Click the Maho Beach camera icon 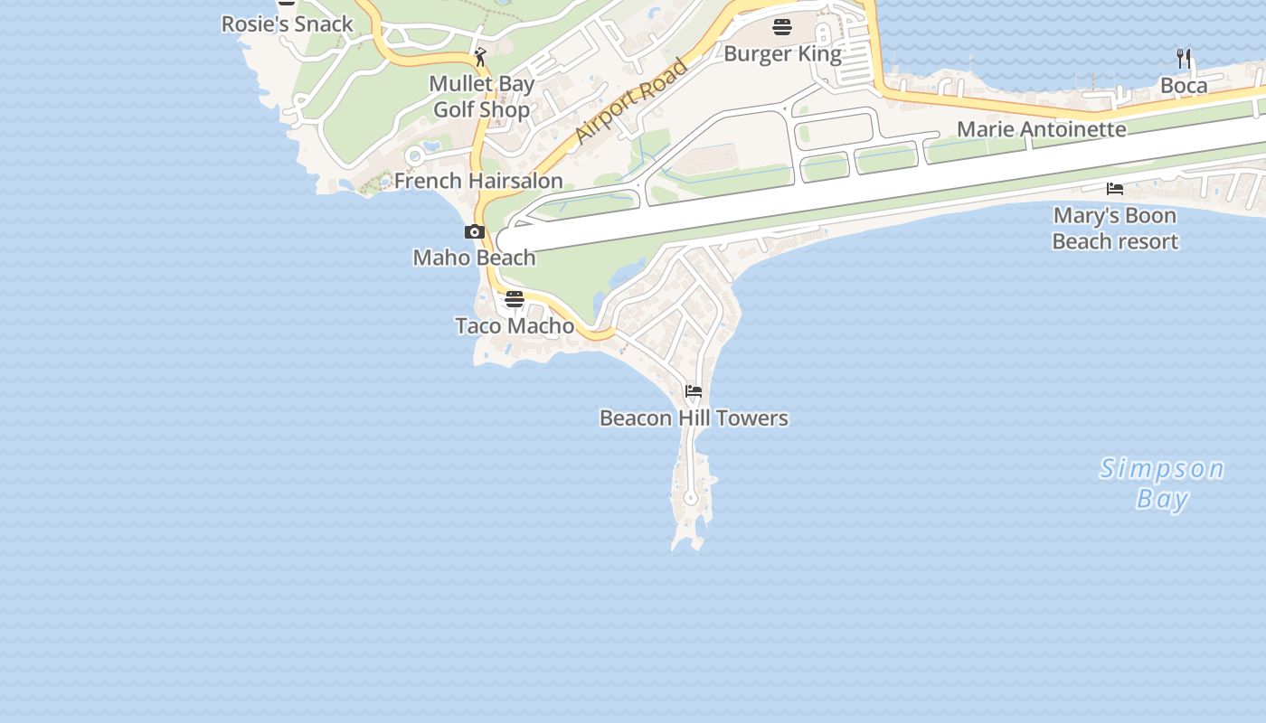(x=475, y=232)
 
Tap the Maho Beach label (x=474, y=258)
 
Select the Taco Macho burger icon (x=515, y=299)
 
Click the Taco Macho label (x=515, y=325)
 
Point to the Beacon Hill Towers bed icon (x=694, y=391)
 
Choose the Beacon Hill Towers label (x=694, y=418)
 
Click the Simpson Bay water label (x=1162, y=484)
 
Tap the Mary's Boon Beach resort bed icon (x=1115, y=189)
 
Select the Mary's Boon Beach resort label (x=1115, y=229)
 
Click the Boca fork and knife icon (x=1184, y=59)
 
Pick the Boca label (x=1184, y=86)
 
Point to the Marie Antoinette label (x=1042, y=129)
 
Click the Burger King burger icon (x=782, y=27)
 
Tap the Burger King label (x=782, y=54)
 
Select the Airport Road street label (x=631, y=100)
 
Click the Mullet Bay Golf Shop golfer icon (x=480, y=58)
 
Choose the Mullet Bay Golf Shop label (x=481, y=97)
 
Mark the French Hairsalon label (x=478, y=181)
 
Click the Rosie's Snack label (x=288, y=24)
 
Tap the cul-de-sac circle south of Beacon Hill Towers (x=691, y=498)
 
